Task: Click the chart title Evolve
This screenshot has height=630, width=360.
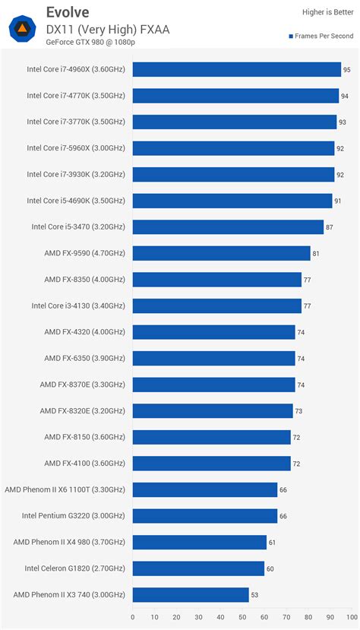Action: [x=67, y=11]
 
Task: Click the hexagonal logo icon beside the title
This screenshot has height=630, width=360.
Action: [x=23, y=29]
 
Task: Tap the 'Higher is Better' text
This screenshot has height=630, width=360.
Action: [x=327, y=11]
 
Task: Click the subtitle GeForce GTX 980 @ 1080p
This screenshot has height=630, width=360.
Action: [x=90, y=42]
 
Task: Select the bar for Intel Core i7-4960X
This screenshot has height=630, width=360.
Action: [x=236, y=69]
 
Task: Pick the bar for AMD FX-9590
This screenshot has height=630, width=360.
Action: [x=221, y=253]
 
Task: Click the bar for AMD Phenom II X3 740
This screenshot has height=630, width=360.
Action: [x=191, y=594]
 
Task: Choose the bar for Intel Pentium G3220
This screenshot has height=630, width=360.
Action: [x=205, y=516]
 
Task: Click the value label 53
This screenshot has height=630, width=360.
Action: [x=256, y=595]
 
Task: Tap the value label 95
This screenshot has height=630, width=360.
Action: [x=346, y=70]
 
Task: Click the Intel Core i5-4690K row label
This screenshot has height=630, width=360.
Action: [x=76, y=201]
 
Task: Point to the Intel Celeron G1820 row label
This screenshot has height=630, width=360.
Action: [x=75, y=568]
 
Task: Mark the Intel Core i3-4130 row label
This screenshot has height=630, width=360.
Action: [x=78, y=306]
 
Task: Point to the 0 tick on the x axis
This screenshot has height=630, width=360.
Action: [x=133, y=617]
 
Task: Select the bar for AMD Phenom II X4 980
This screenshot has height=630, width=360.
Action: [x=200, y=542]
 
